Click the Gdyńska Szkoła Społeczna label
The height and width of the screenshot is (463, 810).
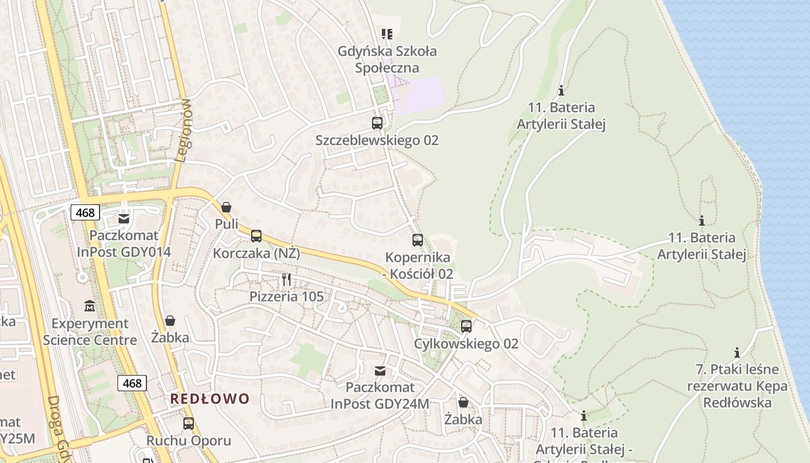tap(387, 59)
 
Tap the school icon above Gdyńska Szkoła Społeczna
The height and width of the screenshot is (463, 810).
tap(387, 34)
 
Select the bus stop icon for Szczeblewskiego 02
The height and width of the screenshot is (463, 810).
tap(377, 123)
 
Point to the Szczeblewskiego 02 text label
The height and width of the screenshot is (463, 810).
tap(377, 140)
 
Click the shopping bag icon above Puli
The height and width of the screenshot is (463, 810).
tap(226, 207)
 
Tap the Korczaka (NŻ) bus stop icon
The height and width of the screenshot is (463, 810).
tap(256, 236)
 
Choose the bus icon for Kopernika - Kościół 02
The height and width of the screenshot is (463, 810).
tap(418, 240)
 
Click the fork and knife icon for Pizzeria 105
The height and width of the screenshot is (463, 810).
tap(286, 280)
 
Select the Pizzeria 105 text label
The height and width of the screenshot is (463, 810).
tap(286, 296)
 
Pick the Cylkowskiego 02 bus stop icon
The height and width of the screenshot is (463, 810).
tap(466, 326)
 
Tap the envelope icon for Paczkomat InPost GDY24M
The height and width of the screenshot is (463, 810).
tap(380, 370)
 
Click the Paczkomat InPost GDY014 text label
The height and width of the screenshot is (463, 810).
tap(124, 244)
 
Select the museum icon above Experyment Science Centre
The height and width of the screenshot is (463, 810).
tap(90, 306)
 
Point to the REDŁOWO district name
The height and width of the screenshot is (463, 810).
tap(209, 398)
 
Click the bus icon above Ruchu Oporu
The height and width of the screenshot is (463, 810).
tap(189, 423)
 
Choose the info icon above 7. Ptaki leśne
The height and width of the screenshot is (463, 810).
tap(737, 352)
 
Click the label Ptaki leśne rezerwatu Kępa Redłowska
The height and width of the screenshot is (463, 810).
tap(737, 385)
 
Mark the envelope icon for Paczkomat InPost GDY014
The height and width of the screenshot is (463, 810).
tap(124, 218)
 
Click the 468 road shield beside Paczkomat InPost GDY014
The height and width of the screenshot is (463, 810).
tap(85, 212)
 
